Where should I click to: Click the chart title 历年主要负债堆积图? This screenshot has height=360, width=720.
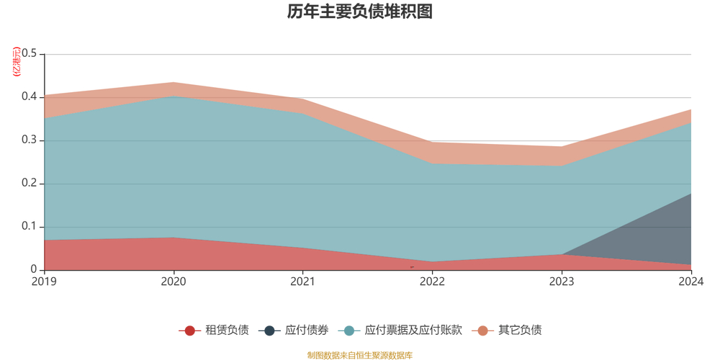click(359, 12)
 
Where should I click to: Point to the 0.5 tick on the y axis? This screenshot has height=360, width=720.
click(30, 54)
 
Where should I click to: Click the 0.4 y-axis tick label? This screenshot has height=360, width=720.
click(30, 97)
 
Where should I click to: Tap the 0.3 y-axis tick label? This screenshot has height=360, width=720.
click(30, 140)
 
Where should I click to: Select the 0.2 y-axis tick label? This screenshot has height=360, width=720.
click(30, 184)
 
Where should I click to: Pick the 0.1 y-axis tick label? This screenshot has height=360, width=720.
click(30, 227)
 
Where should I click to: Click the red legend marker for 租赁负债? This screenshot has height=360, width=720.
click(189, 330)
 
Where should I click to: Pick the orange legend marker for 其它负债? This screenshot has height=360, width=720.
click(482, 330)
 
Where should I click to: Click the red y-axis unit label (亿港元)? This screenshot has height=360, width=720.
click(17, 62)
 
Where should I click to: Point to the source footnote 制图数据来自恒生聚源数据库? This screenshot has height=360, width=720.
click(359, 355)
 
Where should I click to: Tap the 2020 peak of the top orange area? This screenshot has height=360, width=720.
click(174, 88)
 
